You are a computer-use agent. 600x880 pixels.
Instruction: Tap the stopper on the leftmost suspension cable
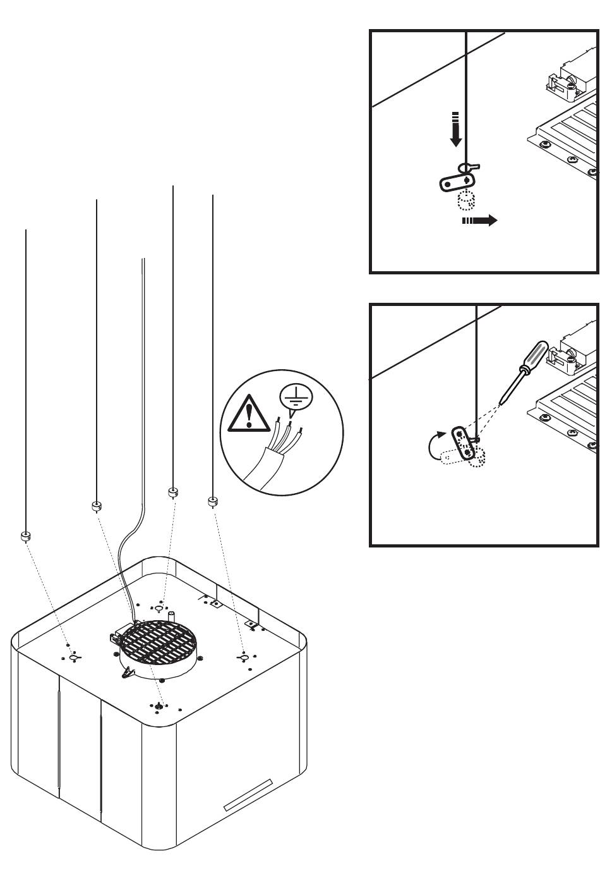(x=25, y=537)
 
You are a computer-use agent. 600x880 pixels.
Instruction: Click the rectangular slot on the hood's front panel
(x=248, y=795)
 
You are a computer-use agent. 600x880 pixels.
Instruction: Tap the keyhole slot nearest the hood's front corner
(x=159, y=706)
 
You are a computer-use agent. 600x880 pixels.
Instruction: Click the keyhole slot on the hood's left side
(x=74, y=657)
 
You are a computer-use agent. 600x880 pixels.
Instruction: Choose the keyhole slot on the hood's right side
(x=243, y=659)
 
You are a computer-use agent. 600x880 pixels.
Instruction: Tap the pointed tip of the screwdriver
(x=500, y=402)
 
